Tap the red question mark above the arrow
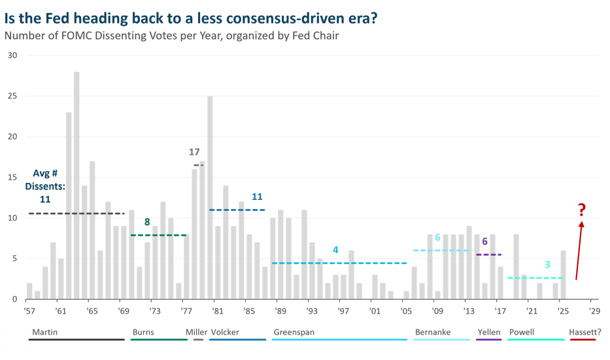tap(581, 210)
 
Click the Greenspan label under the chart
tap(294, 332)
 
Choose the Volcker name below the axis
tap(225, 332)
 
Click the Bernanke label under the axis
tap(432, 332)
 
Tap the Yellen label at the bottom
tap(489, 332)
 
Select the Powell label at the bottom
tap(522, 332)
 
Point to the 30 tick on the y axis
tap(12, 56)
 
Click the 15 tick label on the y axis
tap(12, 177)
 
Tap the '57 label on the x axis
tap(29, 310)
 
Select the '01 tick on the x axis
tap(374, 310)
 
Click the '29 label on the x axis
tap(594, 310)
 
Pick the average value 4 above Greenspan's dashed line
tap(335, 250)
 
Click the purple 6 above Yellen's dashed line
tap(484, 242)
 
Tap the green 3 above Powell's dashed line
tap(547, 265)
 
